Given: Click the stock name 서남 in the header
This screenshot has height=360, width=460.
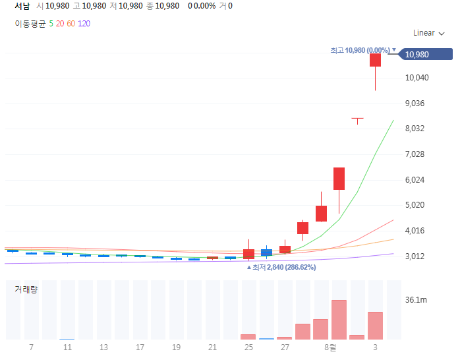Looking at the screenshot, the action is click(22, 6).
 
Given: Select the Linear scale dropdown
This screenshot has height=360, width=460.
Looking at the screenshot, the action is click(429, 33).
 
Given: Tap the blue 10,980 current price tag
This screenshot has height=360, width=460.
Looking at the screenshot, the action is click(426, 54).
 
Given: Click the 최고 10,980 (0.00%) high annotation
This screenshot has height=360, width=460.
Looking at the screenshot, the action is click(360, 50).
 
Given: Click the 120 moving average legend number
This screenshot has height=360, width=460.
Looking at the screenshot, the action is click(84, 24).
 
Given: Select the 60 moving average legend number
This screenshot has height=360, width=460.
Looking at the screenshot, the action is click(71, 24).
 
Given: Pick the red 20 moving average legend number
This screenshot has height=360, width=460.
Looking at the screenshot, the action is click(60, 24).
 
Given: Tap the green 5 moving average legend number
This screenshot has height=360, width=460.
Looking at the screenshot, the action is click(51, 24).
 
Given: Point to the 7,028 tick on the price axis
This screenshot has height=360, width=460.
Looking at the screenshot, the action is click(415, 154).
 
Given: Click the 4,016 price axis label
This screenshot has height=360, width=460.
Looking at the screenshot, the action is click(415, 231).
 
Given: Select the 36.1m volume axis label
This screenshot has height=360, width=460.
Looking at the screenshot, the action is click(416, 300).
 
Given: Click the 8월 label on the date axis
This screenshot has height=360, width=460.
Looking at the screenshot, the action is click(330, 347).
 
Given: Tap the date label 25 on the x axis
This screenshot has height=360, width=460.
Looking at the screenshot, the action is click(248, 347).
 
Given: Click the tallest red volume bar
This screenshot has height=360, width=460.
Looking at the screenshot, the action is click(339, 320).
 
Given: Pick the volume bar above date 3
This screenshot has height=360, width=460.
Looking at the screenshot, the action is click(375, 326).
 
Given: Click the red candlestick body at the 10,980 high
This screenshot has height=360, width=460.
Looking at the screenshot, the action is click(375, 60).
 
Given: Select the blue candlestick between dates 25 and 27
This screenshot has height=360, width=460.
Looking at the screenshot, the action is click(266, 253).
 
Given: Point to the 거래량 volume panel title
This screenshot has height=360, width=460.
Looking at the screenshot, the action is click(26, 289).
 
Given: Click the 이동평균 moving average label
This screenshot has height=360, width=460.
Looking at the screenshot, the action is click(30, 24).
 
